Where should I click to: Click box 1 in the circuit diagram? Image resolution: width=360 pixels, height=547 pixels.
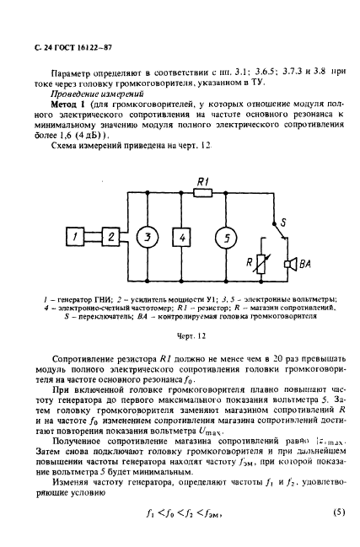[75, 239]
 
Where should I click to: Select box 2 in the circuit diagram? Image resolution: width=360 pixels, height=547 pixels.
[109, 239]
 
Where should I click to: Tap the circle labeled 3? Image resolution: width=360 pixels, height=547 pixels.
[147, 239]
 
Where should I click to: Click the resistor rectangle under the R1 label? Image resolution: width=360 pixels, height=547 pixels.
[202, 192]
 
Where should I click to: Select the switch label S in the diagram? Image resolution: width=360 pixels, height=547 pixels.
[285, 221]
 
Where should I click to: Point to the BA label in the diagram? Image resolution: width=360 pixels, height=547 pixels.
[304, 264]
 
